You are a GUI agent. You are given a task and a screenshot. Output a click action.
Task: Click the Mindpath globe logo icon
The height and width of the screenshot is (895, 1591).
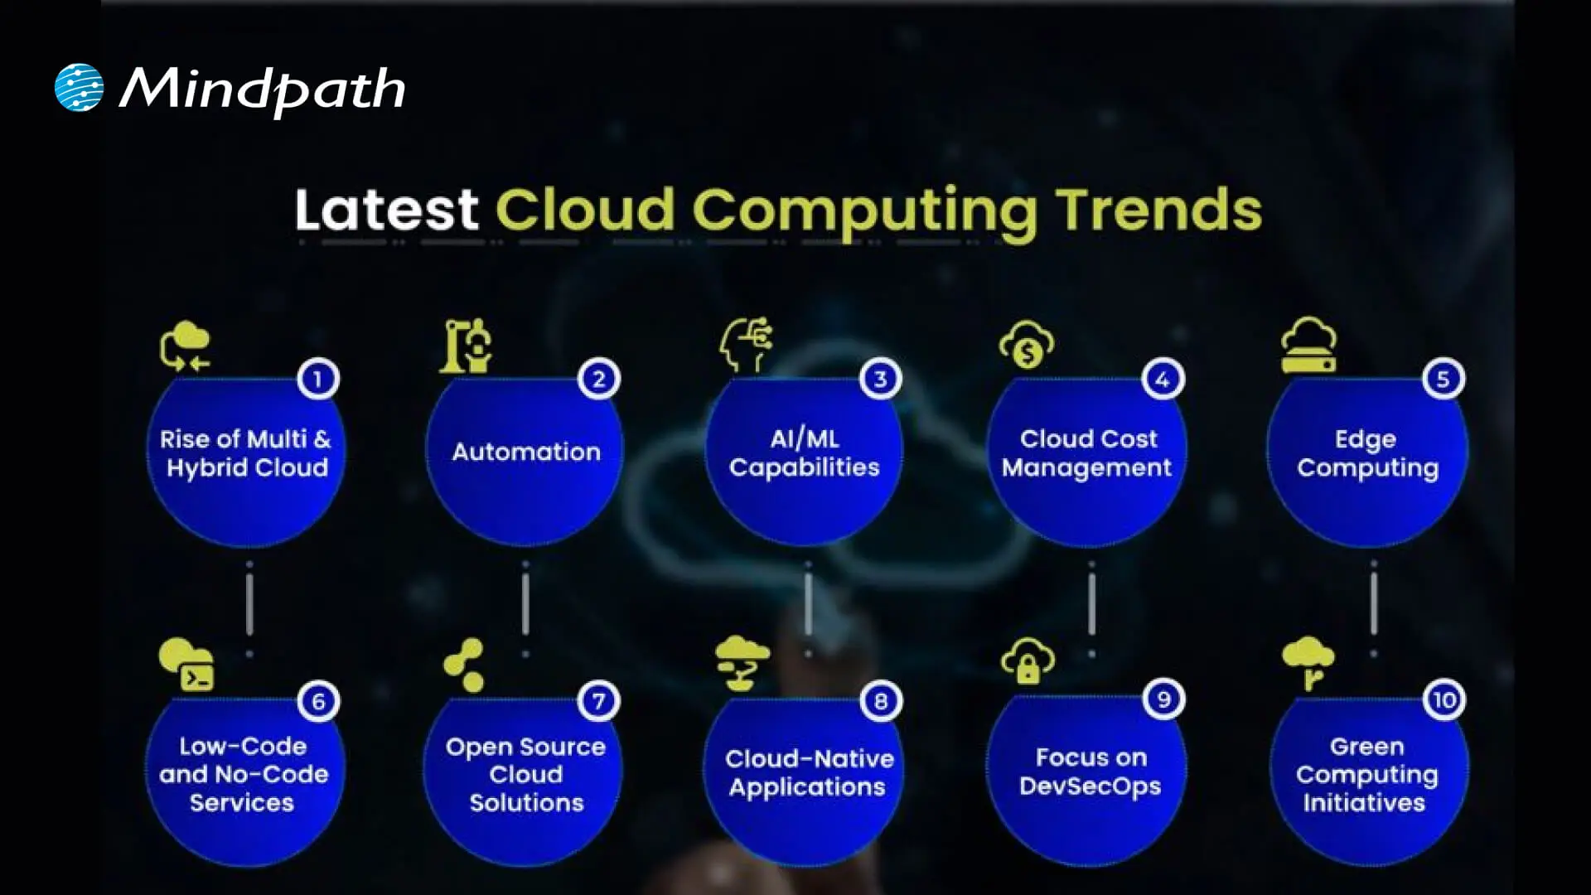(79, 87)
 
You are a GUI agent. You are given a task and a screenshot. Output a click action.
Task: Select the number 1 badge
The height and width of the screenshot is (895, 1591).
(317, 380)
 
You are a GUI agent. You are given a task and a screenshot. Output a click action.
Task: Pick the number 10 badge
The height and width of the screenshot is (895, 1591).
(1444, 700)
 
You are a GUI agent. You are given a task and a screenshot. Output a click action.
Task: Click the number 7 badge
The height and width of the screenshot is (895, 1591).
(598, 701)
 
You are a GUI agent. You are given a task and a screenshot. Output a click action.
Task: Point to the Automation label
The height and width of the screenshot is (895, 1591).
(525, 452)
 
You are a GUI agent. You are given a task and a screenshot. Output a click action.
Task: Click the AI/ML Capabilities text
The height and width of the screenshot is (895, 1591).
(804, 452)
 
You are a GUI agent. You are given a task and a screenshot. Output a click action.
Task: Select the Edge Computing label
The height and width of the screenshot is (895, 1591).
(1367, 452)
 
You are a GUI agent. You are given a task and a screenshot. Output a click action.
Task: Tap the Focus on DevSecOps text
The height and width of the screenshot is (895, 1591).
(1090, 772)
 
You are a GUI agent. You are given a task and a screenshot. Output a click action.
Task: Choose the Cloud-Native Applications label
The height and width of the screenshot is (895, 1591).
(808, 772)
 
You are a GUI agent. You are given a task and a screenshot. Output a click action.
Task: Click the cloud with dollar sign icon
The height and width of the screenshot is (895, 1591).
(1027, 345)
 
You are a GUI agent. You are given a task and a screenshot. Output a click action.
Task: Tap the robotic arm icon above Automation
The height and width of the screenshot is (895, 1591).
(466, 346)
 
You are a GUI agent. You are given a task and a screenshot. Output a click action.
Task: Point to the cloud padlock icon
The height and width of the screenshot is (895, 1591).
(1028, 660)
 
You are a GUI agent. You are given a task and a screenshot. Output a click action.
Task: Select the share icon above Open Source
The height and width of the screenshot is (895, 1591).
(464, 665)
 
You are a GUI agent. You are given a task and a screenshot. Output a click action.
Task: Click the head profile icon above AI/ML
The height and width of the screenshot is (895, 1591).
(746, 344)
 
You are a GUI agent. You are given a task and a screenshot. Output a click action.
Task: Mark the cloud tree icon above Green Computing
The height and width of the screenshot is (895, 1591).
(1308, 662)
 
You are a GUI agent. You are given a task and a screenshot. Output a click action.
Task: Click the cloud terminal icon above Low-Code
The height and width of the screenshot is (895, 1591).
(186, 664)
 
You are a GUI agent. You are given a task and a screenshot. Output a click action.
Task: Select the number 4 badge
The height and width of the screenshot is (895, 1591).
(1163, 380)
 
